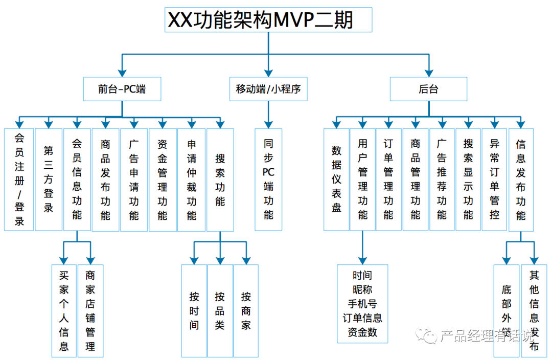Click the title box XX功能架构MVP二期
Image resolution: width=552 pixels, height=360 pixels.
268,20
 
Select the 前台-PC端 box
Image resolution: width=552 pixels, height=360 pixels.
122,89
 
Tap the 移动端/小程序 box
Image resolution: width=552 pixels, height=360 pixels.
268,89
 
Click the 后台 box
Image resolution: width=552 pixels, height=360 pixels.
428,89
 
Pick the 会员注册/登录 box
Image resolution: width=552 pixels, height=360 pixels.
19,179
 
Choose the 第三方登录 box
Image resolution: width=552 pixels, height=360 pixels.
48,179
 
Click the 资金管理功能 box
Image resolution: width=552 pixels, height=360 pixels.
163,179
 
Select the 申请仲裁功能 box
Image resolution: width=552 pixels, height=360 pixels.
191,179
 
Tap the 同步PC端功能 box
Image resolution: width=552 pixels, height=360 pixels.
268,179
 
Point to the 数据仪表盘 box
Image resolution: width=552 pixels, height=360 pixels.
336,179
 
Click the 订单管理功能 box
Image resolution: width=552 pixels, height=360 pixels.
388,179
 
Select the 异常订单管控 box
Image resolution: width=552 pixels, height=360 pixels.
494,179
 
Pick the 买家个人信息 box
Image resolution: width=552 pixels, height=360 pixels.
64,310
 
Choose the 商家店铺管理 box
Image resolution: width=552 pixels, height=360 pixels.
90,310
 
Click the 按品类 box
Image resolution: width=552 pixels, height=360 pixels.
220,310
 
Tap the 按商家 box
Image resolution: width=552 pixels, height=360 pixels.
246,310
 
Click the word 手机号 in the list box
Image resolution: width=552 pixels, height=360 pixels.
362,304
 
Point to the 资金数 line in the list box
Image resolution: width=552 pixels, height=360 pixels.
362,332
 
